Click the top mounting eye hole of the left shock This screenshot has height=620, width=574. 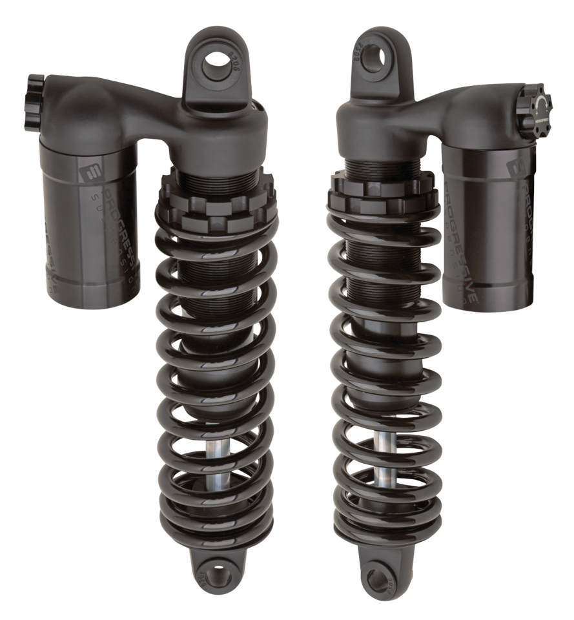[216, 63]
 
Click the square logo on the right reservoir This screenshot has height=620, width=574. [516, 167]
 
